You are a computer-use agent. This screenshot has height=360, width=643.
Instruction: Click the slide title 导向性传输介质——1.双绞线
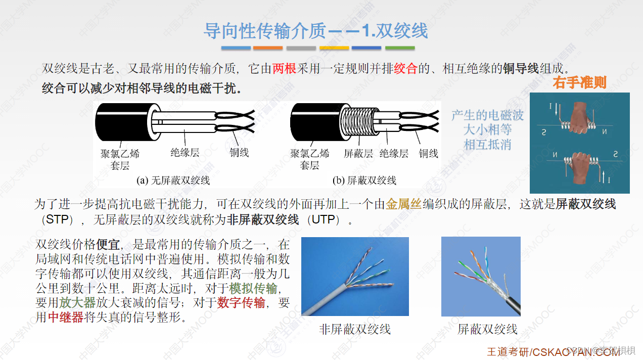tap(315, 31)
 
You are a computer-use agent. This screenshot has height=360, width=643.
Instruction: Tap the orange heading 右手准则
tap(579, 82)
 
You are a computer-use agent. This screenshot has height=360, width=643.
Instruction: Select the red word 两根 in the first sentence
tap(284, 68)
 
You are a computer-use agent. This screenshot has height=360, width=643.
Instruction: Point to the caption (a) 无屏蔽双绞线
tap(173, 181)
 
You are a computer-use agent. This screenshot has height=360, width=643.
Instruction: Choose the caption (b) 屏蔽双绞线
tap(364, 181)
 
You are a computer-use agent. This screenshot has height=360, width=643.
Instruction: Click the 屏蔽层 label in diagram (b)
tap(358, 153)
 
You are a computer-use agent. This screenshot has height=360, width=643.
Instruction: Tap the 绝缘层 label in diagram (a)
tap(185, 152)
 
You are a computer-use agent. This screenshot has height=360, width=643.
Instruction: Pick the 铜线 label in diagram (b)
tap(428, 153)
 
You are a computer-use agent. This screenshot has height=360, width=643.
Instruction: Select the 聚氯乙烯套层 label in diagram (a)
tap(120, 159)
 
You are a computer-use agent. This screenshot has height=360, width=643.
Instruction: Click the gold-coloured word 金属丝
tap(403, 204)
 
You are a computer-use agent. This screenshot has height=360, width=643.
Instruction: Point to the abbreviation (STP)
tap(55, 220)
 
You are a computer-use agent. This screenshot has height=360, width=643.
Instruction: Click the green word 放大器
tap(77, 303)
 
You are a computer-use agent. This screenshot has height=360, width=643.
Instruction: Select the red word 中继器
tap(66, 317)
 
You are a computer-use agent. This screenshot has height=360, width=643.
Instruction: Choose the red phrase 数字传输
tap(241, 303)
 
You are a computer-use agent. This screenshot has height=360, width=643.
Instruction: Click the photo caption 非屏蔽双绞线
tap(355, 329)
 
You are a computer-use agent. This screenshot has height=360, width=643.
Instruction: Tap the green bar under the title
tap(400, 48)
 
